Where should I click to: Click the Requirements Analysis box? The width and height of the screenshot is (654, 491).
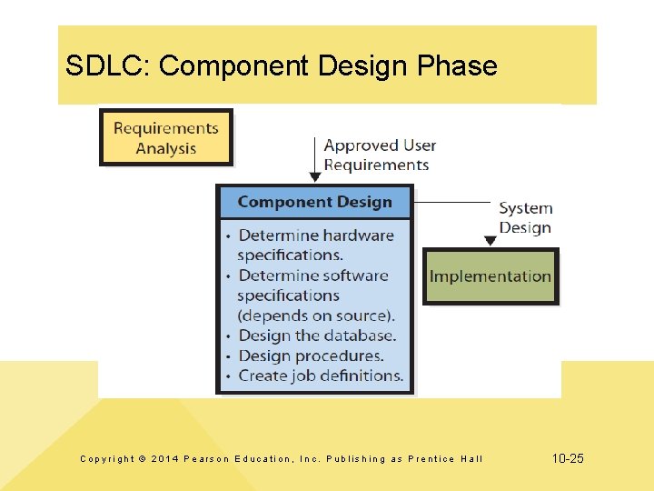165,137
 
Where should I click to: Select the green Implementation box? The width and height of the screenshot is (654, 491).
490,276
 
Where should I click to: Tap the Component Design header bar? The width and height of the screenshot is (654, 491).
314,202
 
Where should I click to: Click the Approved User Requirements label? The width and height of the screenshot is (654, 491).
379,155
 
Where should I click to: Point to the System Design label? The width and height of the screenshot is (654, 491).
525,217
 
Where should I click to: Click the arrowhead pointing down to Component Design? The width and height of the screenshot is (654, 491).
314,176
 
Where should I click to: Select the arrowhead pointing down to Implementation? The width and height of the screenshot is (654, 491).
490,241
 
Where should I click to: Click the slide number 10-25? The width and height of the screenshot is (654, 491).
568,459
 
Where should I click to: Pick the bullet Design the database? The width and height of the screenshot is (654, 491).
317,336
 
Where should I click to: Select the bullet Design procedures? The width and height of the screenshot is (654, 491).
311,356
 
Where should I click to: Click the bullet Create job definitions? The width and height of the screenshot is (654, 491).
321,376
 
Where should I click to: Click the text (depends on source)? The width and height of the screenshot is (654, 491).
315,316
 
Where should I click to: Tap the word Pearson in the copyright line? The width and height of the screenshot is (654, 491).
213,459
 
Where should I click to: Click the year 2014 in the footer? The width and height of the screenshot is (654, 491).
166,459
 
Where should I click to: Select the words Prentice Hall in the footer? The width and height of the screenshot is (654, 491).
446,459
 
